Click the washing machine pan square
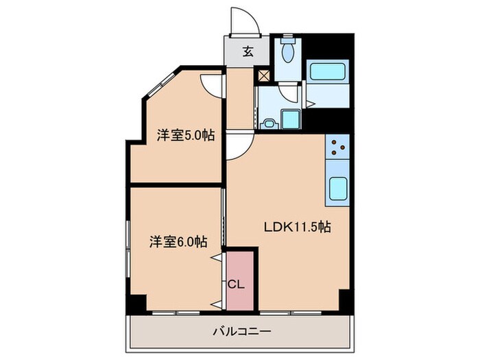pyautogui.click(x=290, y=119)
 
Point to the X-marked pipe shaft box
pyautogui.click(x=264, y=75)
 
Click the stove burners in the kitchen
pyautogui.click(x=338, y=146)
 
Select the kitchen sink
pyautogui.click(x=338, y=187)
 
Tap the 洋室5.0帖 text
pyautogui.click(x=185, y=135)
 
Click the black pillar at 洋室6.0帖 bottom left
pyautogui.click(x=137, y=301)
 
